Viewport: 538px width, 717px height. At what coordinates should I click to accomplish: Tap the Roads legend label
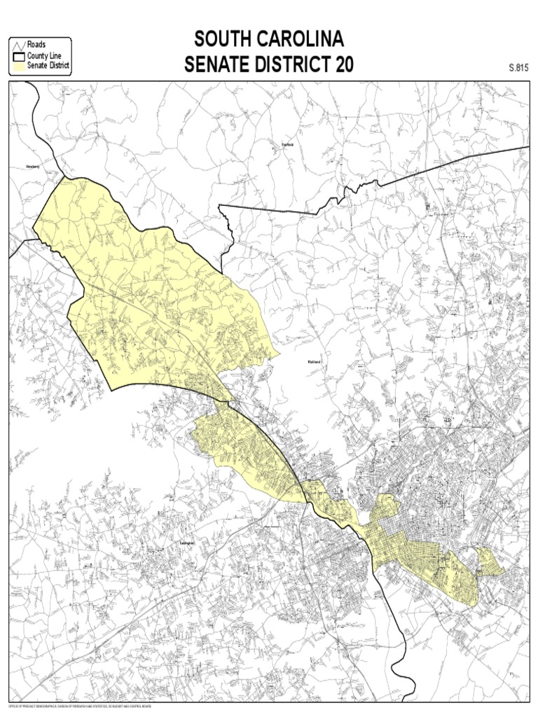coord(36,46)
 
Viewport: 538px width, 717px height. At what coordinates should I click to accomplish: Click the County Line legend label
coord(45,56)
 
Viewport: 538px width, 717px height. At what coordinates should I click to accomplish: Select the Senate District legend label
coord(48,66)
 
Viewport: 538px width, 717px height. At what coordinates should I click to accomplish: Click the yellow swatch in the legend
coord(18,67)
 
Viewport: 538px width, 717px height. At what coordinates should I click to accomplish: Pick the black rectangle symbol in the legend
coord(18,56)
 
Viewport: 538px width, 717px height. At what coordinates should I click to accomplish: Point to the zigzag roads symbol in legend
coord(18,46)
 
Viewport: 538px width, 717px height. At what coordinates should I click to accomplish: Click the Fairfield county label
coord(287,145)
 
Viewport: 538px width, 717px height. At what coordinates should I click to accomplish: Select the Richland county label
coord(314,362)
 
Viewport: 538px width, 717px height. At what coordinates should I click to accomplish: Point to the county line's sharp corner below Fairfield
coord(219,206)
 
